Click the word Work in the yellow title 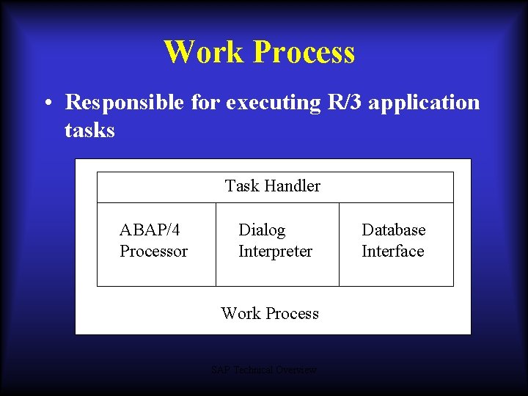(204, 52)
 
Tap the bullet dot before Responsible (46, 103)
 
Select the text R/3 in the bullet (345, 102)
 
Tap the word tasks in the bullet (89, 131)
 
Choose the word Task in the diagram (241, 186)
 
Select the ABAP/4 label (150, 230)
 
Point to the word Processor (153, 251)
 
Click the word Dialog (262, 230)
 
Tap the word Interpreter (275, 251)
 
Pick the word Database (393, 230)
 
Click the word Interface (392, 251)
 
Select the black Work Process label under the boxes (270, 313)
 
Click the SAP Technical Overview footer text (264, 370)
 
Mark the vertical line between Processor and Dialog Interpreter (216, 244)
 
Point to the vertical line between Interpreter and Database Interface (339, 244)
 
